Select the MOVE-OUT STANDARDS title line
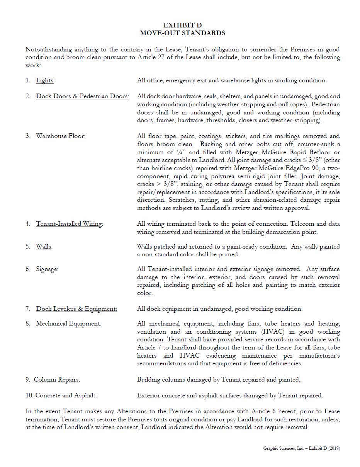pos(182,33)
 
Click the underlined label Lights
pos(45,80)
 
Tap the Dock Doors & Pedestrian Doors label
pos(83,96)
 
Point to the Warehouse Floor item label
pos(60,136)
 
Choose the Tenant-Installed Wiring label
pos(69,224)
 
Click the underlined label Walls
pos(44,247)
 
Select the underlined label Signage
pos(47,269)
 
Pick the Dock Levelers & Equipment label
pos(76,309)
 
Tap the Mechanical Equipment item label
pos(69,324)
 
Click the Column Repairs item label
pos(56,380)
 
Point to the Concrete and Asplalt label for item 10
pos(66,395)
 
